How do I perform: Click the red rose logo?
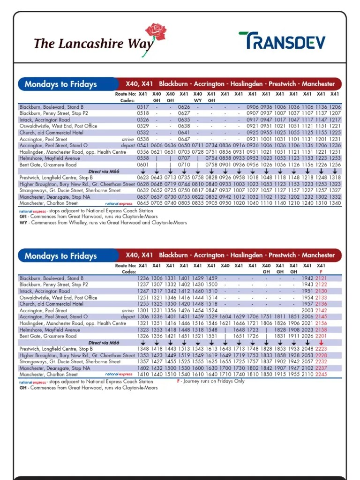tap(156, 33)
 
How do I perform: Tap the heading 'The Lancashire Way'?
tap(93, 44)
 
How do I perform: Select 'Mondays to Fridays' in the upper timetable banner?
tap(60, 84)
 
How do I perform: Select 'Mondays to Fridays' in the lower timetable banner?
tap(60, 256)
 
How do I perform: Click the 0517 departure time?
tap(142, 107)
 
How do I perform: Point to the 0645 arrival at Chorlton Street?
tap(142, 203)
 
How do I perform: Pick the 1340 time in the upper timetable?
tap(335, 203)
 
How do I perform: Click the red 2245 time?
tap(321, 375)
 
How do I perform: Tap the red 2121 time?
tap(321, 278)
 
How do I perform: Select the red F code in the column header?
tap(321, 272)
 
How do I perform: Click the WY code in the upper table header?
tap(198, 100)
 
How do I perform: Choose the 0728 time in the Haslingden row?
tap(198, 152)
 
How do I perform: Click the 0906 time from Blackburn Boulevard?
tap(253, 107)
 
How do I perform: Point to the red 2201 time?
tap(321, 336)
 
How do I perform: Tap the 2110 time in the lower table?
tap(307, 375)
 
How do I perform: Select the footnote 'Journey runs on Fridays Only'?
tap(210, 381)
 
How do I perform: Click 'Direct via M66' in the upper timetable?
tap(104, 172)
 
